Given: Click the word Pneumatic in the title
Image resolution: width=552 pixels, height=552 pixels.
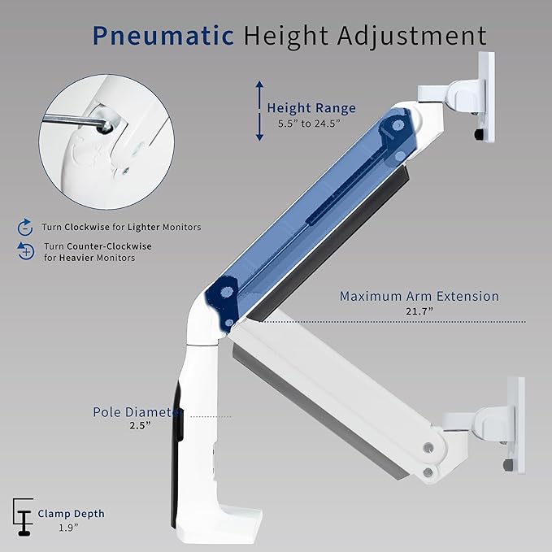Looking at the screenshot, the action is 163,36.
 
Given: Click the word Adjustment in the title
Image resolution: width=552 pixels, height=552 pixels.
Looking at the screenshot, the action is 412,37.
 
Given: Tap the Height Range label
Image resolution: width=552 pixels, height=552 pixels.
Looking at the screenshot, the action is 311,108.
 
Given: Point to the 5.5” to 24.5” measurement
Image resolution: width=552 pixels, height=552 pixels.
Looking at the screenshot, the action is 310,124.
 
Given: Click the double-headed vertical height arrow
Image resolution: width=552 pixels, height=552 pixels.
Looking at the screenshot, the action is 259,111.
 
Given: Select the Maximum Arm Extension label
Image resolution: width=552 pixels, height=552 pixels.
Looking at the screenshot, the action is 419,296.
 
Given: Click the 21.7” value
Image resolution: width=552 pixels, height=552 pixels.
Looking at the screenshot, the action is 419,311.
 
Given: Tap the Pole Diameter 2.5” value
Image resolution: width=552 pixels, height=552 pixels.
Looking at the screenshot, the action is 140,425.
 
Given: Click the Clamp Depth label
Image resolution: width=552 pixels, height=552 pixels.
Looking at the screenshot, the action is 71,514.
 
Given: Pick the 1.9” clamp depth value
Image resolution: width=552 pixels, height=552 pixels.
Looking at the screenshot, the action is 68,528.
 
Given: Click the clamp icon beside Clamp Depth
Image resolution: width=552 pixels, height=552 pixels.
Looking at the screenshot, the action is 24,517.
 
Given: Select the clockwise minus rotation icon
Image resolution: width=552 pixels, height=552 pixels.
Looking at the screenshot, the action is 25,227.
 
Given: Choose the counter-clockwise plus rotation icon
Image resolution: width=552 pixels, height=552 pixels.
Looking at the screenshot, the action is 26,251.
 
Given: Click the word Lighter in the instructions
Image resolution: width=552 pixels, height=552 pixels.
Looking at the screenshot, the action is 144,227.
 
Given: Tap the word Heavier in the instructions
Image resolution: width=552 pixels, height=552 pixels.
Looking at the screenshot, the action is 76,258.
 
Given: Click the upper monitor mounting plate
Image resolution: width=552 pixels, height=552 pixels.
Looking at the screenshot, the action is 486,97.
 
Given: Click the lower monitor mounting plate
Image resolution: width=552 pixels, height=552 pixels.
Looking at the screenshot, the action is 515,424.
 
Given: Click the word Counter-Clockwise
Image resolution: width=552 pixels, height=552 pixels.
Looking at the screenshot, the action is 109,246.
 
